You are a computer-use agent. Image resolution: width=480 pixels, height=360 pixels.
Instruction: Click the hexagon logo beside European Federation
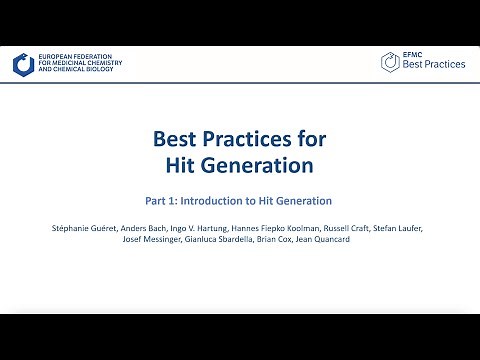tap(23, 65)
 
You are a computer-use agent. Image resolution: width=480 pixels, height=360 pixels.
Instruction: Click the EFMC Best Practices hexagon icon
tap(391, 63)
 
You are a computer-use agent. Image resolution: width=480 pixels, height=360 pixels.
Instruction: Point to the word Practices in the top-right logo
tap(444, 65)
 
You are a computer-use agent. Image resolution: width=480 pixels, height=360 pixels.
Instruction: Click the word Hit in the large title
tap(184, 164)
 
